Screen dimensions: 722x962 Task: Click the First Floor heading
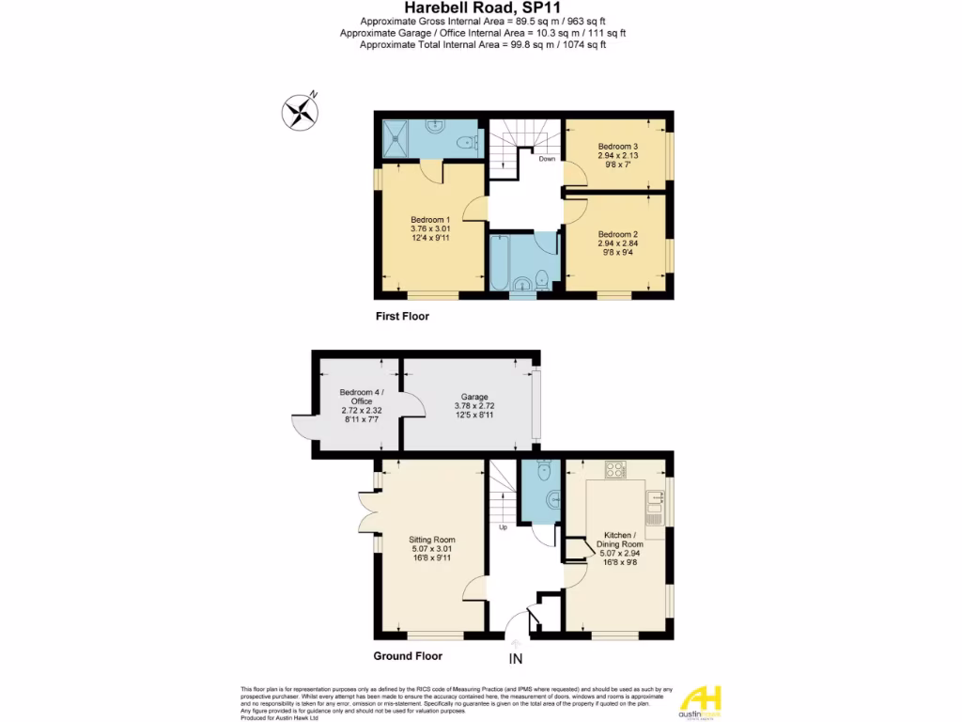402,317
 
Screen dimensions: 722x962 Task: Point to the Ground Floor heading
408,656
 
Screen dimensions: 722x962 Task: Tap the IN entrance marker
516,659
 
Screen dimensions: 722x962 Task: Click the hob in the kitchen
615,470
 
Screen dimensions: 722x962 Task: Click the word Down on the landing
547,159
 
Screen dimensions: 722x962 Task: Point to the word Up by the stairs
503,527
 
